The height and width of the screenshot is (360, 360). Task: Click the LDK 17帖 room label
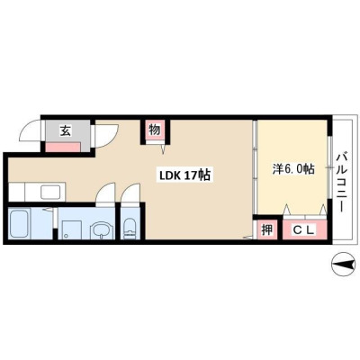(184, 175)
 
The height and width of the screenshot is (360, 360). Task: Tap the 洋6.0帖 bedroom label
(293, 169)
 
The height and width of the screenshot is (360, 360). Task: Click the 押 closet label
(267, 230)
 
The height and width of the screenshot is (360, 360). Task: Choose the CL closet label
(303, 230)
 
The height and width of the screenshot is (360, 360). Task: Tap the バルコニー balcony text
(343, 182)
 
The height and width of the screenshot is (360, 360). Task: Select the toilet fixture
(130, 229)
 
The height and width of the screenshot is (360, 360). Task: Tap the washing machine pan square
(72, 230)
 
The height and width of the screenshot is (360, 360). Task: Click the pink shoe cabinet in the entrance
(63, 148)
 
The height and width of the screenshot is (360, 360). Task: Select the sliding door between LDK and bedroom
(255, 166)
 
